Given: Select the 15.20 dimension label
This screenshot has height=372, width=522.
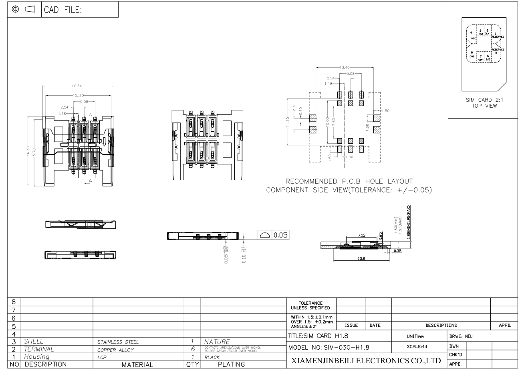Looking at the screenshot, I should click(78, 95).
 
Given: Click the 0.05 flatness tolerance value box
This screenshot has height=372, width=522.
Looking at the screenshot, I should click(280, 235).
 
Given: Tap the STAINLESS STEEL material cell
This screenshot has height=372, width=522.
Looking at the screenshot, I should click(118, 342).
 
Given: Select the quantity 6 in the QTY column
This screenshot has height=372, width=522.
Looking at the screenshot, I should click(192, 349).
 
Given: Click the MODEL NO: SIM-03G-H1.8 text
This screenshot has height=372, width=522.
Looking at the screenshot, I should click(329, 347).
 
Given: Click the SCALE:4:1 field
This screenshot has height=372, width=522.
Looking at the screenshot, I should click(418, 346).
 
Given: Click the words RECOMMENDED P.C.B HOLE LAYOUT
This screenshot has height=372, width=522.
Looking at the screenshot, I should click(349, 181).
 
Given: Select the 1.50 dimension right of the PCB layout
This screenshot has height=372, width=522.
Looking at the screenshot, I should click(385, 111).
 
